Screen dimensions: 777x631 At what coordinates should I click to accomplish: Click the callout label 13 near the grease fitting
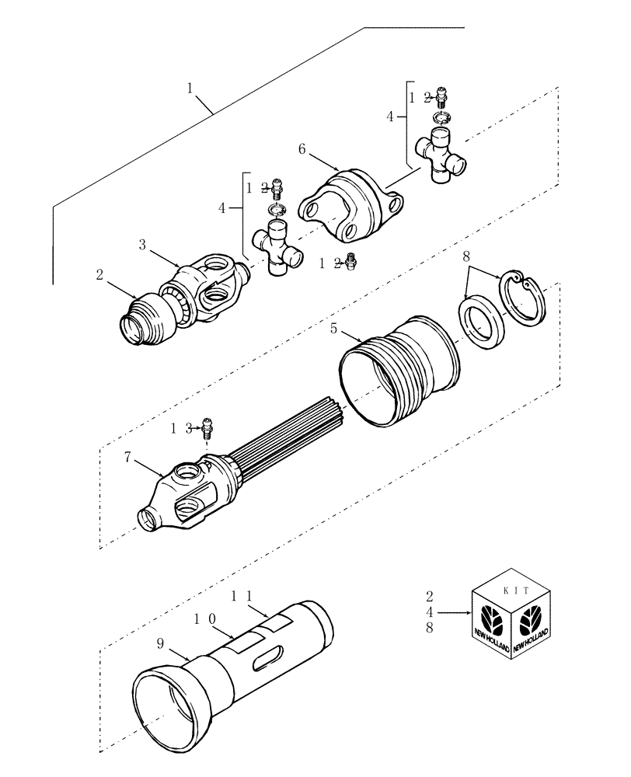pos(180,428)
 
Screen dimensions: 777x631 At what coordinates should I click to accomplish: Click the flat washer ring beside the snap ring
pos(482,321)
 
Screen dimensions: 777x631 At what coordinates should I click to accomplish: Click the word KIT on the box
pos(517,591)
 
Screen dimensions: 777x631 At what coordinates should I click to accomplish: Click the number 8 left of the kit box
pos(430,630)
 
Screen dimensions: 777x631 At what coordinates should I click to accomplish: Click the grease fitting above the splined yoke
pos(207,426)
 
